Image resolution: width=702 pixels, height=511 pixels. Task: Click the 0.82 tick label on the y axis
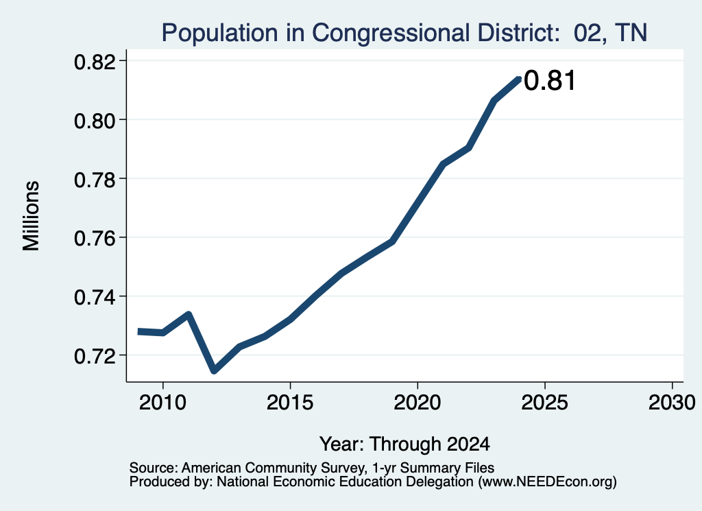(x=95, y=62)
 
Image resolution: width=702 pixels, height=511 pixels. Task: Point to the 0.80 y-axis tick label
(x=95, y=121)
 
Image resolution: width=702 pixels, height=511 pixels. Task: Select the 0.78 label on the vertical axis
(x=95, y=180)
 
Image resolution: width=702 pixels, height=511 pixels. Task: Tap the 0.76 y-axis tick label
(x=95, y=239)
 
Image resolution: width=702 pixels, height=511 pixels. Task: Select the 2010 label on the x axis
(x=162, y=403)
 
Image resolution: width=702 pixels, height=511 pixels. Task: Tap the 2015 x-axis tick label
(x=290, y=403)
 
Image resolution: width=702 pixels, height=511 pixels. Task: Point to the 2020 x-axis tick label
(x=417, y=403)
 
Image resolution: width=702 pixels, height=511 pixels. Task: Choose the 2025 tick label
(x=545, y=403)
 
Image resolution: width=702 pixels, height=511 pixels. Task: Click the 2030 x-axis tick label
(x=672, y=403)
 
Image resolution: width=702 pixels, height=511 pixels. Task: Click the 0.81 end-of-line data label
(x=549, y=81)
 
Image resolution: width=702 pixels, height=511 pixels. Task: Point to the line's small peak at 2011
(x=189, y=314)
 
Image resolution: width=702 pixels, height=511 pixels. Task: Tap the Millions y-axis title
(x=32, y=215)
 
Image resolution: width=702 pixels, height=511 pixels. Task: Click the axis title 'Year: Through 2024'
(x=404, y=444)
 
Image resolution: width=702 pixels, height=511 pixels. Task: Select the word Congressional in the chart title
(x=391, y=33)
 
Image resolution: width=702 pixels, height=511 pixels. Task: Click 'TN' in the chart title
(x=631, y=32)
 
